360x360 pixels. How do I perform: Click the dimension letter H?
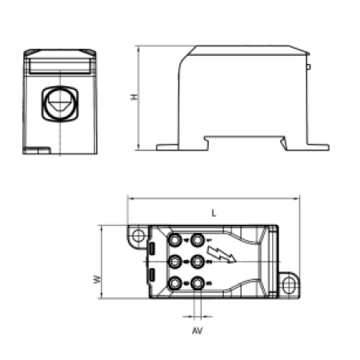pos(135,97)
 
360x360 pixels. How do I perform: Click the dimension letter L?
pos(214,213)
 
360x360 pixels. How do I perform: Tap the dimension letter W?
pos(98,279)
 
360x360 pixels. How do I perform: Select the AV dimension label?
pos(198,330)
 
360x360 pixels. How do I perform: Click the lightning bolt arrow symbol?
pos(221,254)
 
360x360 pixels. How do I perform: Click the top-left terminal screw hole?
pos(174,240)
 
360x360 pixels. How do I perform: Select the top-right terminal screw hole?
pos(198,240)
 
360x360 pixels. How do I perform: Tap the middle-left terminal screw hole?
pos(174,262)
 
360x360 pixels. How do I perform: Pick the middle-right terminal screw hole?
pos(198,262)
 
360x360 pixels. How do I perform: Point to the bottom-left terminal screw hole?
pos(174,283)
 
